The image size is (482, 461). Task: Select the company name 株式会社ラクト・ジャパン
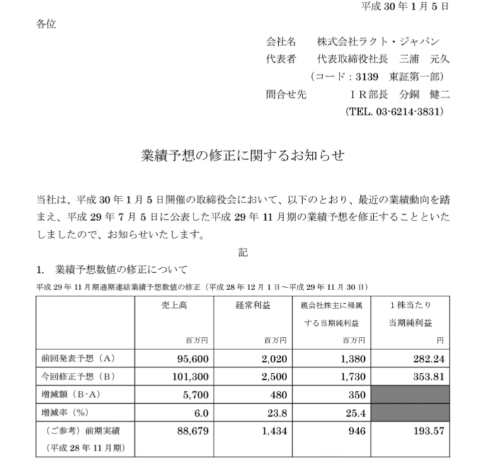(x=378, y=41)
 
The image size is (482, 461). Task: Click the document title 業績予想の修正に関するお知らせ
(x=242, y=156)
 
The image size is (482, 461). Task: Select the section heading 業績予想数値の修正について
(x=121, y=269)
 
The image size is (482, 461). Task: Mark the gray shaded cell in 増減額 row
(x=412, y=396)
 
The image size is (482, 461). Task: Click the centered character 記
(x=242, y=252)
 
